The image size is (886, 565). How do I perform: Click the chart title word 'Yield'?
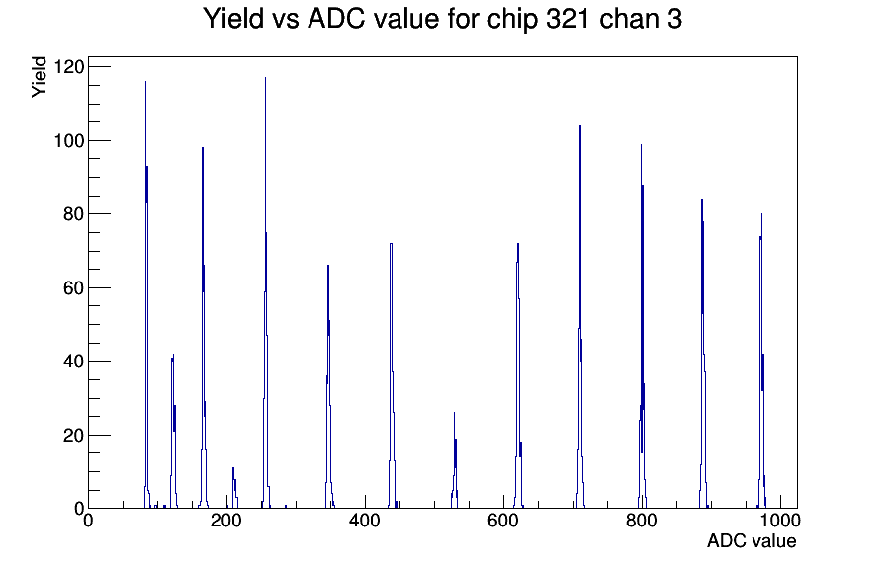[x=233, y=18]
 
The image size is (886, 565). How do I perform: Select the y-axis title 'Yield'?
[x=39, y=77]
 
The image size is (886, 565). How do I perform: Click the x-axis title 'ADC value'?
[x=752, y=540]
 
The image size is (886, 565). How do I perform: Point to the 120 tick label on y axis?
[x=68, y=67]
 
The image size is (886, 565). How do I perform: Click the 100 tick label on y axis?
[x=68, y=140]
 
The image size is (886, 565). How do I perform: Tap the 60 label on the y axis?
[x=73, y=287]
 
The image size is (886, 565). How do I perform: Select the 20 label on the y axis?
[x=73, y=436]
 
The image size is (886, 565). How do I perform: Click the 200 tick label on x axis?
[x=226, y=520]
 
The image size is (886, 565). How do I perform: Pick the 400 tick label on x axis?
[x=365, y=520]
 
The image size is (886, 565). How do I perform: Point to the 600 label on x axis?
[x=503, y=520]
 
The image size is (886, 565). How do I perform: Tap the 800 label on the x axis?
[x=642, y=520]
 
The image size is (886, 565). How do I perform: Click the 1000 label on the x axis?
[x=780, y=520]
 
